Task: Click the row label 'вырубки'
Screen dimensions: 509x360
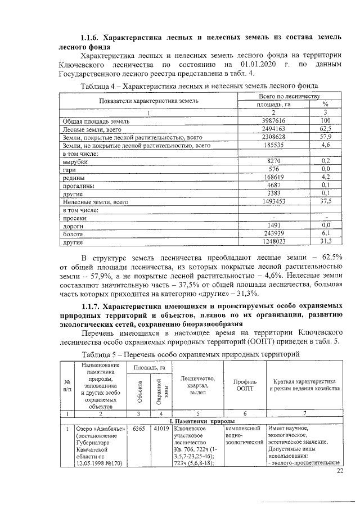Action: pos(74,161)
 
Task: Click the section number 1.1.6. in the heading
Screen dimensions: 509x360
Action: pos(92,37)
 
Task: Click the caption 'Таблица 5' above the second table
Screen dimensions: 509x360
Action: pos(103,354)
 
